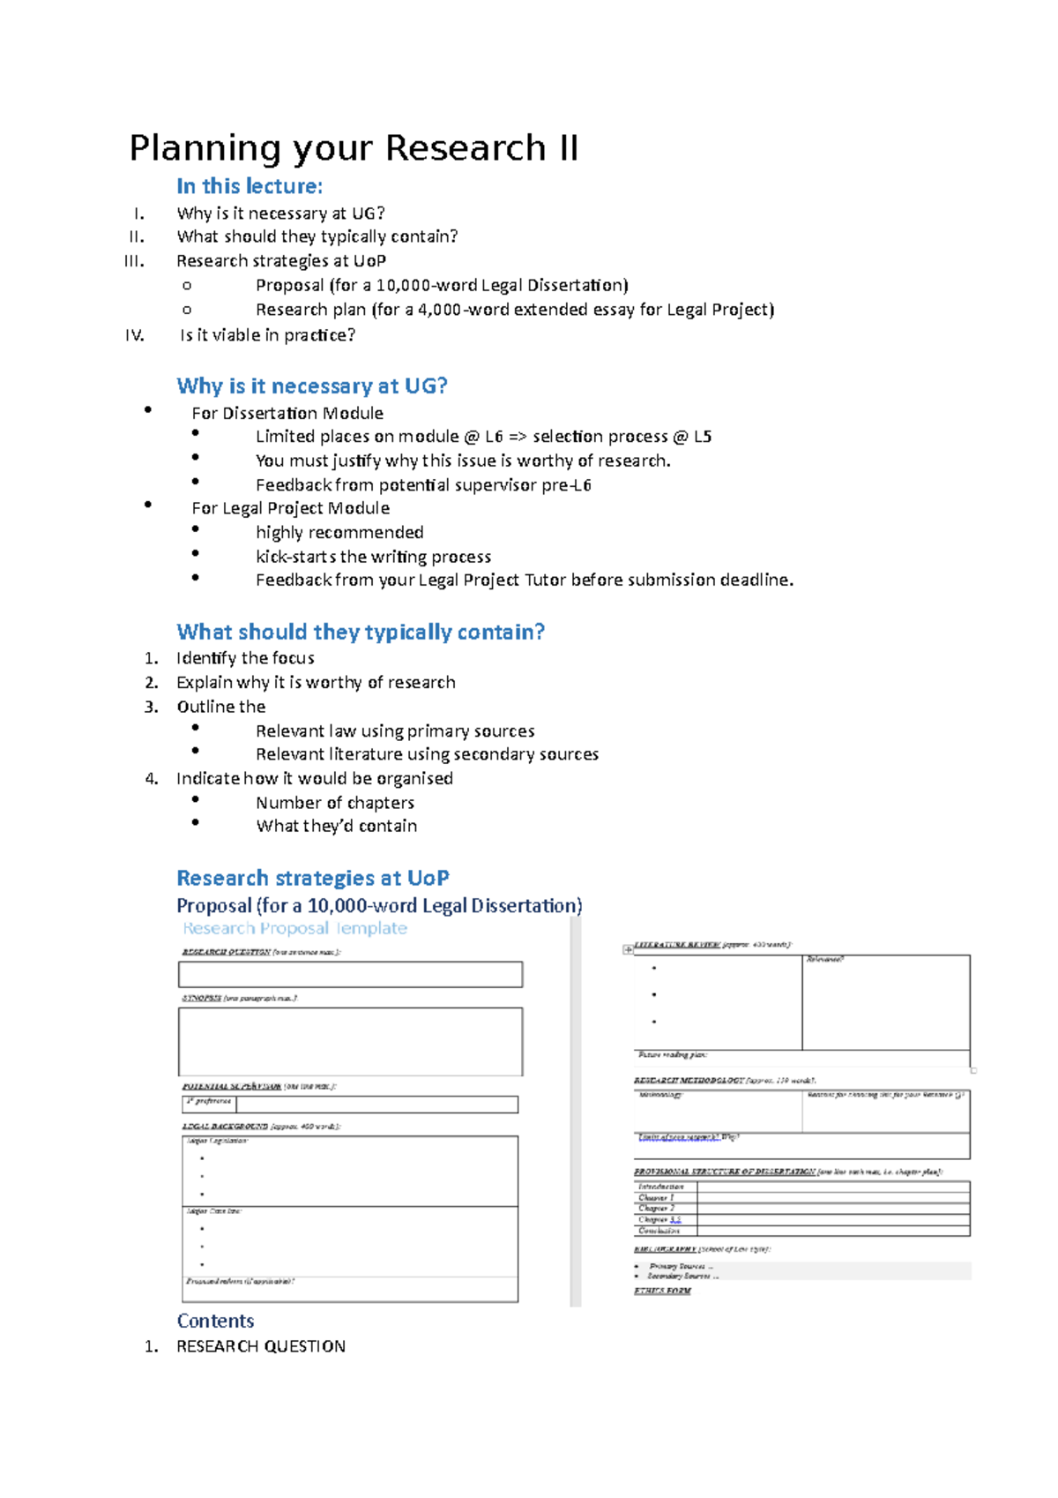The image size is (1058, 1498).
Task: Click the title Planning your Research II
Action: click(354, 148)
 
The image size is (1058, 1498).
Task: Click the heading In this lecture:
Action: click(250, 186)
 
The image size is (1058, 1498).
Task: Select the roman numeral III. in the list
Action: click(135, 261)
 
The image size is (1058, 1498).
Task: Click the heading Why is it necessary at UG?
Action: click(312, 386)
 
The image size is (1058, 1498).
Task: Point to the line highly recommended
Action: click(339, 532)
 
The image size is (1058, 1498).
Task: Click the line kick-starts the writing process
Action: click(373, 557)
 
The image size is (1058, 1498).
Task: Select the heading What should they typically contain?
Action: click(361, 632)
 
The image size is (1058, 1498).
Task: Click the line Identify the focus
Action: click(245, 658)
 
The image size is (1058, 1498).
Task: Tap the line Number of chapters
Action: click(335, 803)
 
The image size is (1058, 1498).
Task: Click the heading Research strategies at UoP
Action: click(313, 878)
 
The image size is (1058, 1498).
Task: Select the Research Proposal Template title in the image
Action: click(295, 928)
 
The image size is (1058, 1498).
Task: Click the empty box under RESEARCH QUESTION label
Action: click(350, 975)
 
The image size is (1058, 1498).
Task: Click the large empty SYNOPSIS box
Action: click(350, 1041)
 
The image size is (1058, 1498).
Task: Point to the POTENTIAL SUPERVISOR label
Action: click(232, 1086)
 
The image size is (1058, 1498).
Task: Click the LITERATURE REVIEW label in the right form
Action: click(677, 944)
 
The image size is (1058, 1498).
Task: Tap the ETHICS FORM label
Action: click(662, 1291)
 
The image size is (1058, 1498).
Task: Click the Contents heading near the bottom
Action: click(215, 1321)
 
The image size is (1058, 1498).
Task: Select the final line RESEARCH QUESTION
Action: click(261, 1346)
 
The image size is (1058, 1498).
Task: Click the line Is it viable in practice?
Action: click(267, 335)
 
